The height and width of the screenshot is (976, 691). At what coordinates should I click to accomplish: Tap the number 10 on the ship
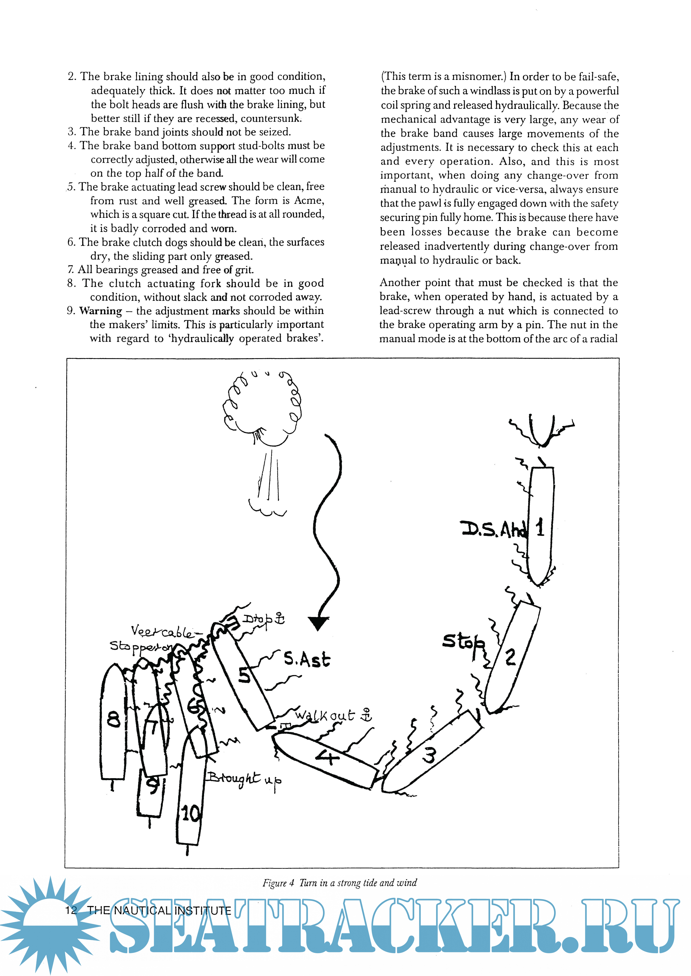190,814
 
